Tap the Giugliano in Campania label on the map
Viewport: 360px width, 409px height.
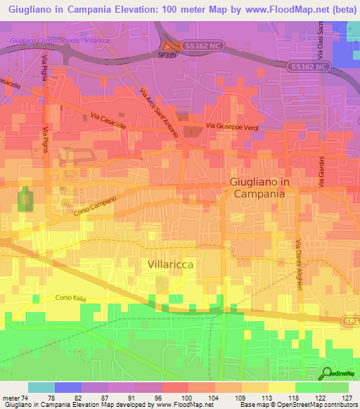tap(259, 187)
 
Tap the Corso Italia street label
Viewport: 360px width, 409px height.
tap(70, 299)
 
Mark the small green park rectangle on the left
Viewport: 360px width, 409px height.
tap(25, 199)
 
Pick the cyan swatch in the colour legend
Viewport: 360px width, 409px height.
tap(41, 387)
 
